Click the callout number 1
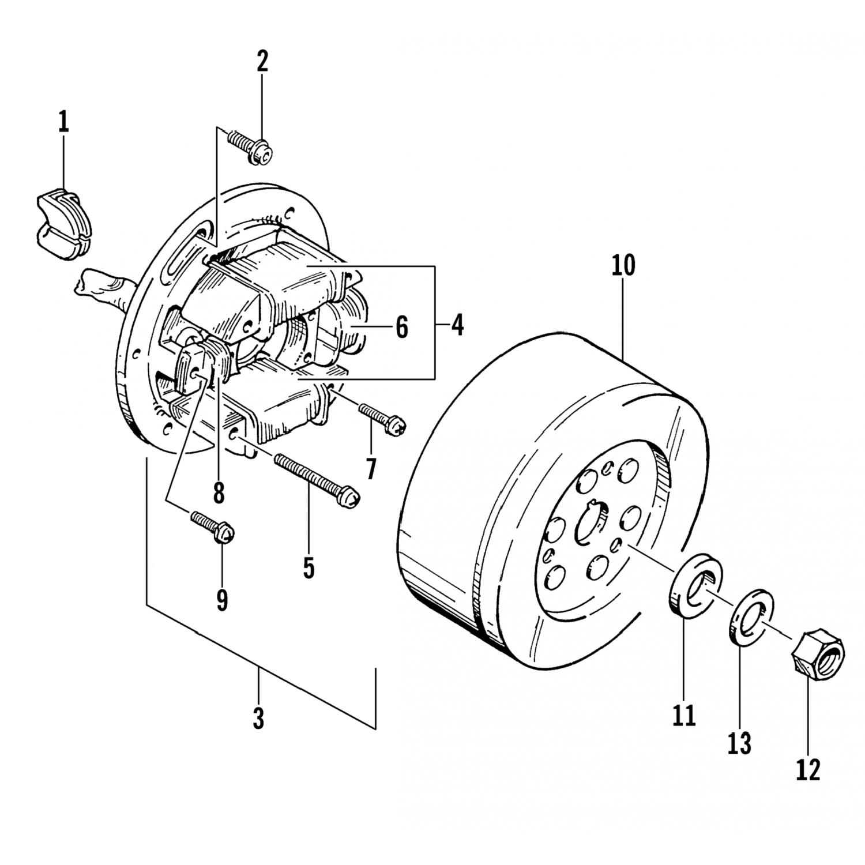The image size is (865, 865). click(x=63, y=123)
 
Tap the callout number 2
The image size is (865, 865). click(x=262, y=61)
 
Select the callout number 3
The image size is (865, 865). click(x=258, y=719)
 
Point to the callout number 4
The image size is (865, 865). click(x=457, y=326)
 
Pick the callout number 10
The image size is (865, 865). click(x=624, y=265)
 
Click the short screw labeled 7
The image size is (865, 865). click(x=383, y=419)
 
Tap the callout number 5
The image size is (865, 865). click(x=309, y=568)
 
